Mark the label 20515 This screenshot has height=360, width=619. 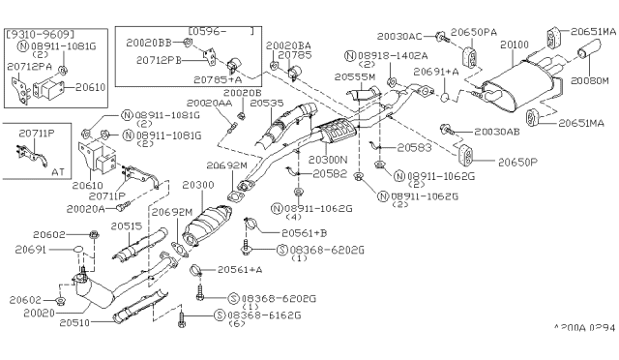coord(126,225)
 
